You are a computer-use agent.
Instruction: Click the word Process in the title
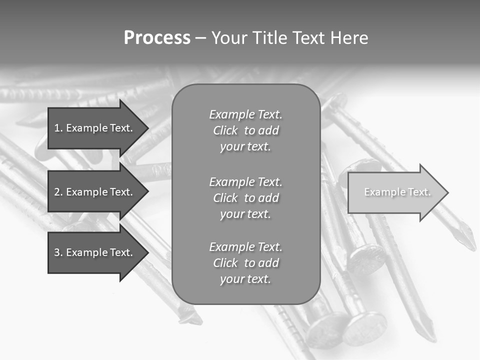157,38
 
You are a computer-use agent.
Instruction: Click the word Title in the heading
270,38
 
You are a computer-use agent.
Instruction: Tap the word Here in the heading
349,38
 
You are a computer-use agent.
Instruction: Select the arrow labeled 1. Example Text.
95,128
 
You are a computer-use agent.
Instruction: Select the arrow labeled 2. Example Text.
95,192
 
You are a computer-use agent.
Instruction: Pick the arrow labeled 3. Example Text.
95,252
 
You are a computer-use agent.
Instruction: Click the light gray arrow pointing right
395,192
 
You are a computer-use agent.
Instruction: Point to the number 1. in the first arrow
58,128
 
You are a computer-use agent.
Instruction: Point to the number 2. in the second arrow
58,192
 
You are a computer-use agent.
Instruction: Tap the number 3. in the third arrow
58,252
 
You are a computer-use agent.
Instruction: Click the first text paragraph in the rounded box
245,130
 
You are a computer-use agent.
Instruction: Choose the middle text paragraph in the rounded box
245,198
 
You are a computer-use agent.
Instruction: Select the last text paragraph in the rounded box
245,263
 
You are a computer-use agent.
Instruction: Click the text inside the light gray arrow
397,192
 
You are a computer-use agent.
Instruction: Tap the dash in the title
200,38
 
